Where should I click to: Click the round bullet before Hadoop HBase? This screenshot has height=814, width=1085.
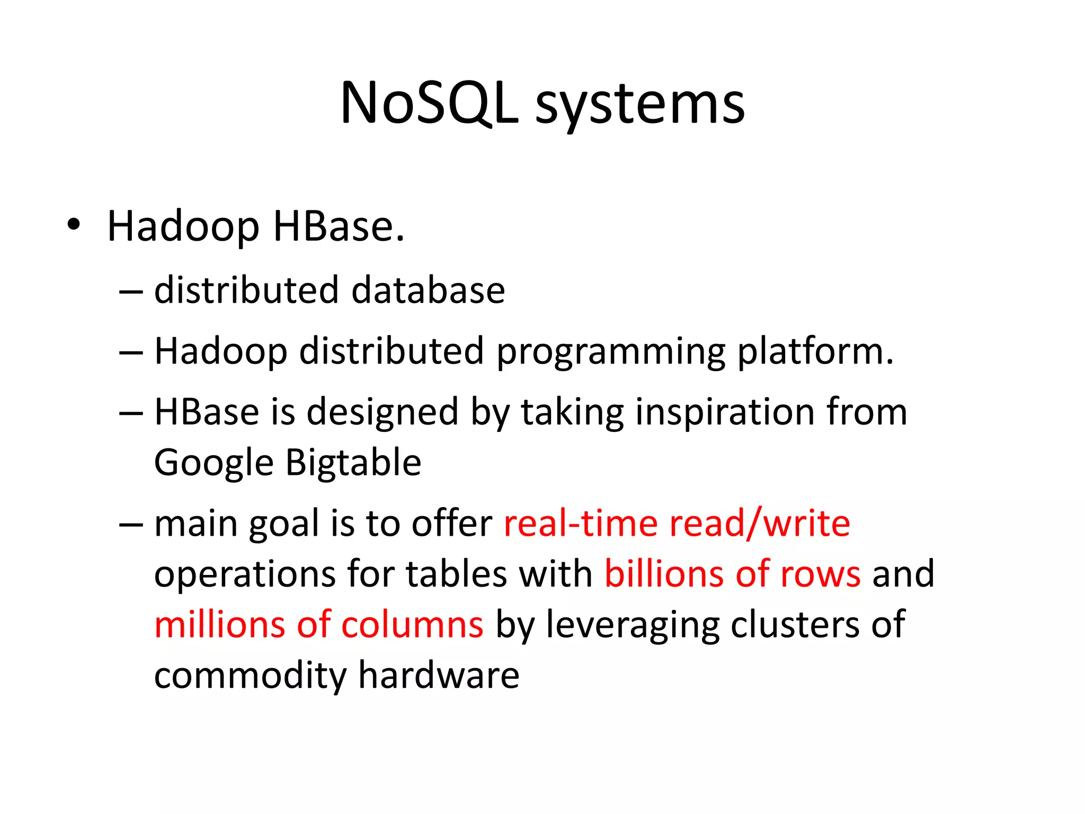[74, 225]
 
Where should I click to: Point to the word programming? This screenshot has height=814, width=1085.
[610, 352]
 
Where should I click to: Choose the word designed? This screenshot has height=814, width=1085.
[383, 413]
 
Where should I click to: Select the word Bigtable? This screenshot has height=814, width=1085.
[353, 462]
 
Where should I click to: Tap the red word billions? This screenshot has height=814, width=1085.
[664, 574]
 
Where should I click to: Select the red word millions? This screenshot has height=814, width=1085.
[220, 624]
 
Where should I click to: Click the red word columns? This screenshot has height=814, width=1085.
[412, 624]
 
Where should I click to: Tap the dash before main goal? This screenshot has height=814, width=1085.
[131, 524]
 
